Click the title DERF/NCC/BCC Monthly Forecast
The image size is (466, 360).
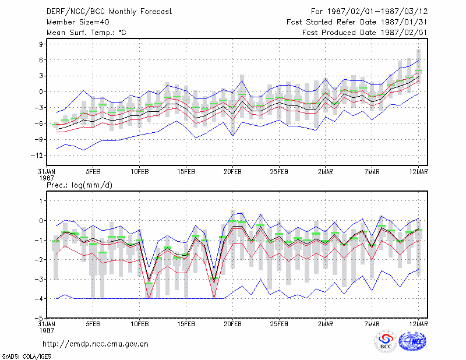(x=109, y=12)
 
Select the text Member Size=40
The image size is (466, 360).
(x=78, y=22)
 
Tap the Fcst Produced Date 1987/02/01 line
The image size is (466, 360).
(x=365, y=33)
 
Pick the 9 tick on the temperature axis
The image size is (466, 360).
(x=41, y=44)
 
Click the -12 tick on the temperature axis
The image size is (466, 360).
(x=37, y=155)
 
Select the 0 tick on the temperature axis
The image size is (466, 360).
(x=41, y=91)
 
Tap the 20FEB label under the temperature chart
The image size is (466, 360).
(x=232, y=172)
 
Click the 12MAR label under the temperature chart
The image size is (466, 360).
(x=418, y=172)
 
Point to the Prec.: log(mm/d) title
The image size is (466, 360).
(x=79, y=185)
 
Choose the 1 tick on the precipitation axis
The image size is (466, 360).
(x=41, y=201)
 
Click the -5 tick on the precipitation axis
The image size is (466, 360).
(x=38, y=318)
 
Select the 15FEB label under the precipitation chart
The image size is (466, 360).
(x=186, y=324)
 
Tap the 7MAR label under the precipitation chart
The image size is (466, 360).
(x=372, y=324)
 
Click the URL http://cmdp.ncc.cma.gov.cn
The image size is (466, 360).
(x=96, y=344)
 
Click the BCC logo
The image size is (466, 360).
(x=386, y=342)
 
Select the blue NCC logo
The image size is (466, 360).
(x=412, y=341)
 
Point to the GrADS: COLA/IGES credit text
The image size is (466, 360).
(x=26, y=357)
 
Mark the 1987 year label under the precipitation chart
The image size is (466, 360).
(x=47, y=330)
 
